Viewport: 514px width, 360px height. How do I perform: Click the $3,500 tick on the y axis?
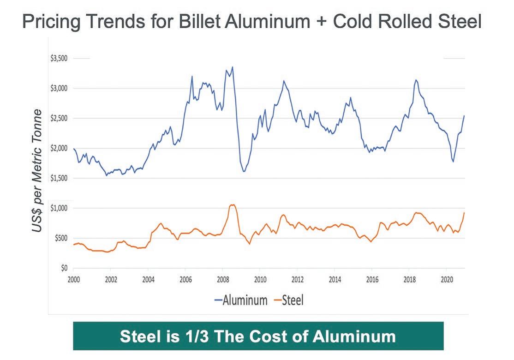59,59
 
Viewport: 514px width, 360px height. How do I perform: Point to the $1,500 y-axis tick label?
59,178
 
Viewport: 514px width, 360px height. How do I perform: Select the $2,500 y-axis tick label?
59,119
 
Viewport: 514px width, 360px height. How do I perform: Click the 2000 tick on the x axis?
74,279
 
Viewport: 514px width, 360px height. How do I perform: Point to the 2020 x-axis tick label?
446,279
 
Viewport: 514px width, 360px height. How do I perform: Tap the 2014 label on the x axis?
335,279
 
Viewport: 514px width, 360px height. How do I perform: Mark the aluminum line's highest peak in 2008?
233,67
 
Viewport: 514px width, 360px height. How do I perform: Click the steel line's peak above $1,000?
233,204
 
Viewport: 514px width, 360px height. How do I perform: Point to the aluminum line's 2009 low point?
244,171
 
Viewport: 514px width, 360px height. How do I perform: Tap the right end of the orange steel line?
464,213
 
